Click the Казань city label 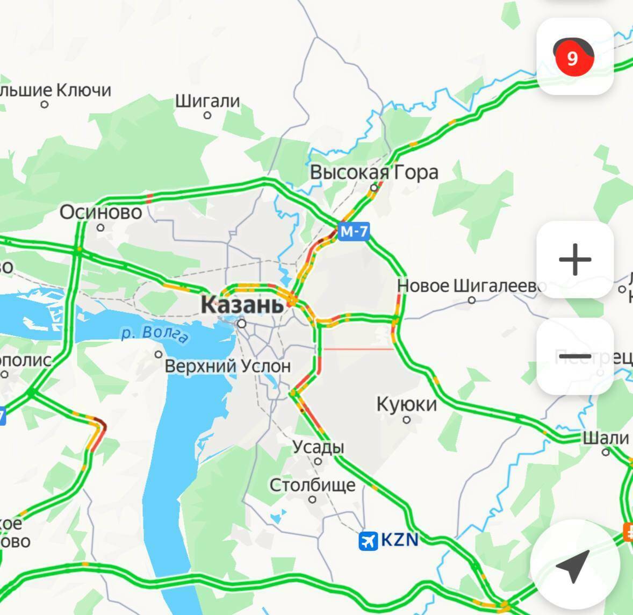242,305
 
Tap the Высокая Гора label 374,173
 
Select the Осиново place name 100,212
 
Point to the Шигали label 207,101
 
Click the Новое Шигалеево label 471,285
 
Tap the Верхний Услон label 227,367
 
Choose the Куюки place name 406,404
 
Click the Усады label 318,447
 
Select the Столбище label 312,485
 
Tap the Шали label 606,438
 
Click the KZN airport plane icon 369,540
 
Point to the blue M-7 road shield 355,232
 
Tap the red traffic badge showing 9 573,58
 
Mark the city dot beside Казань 242,324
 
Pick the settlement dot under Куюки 407,419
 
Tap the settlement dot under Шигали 207,115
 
